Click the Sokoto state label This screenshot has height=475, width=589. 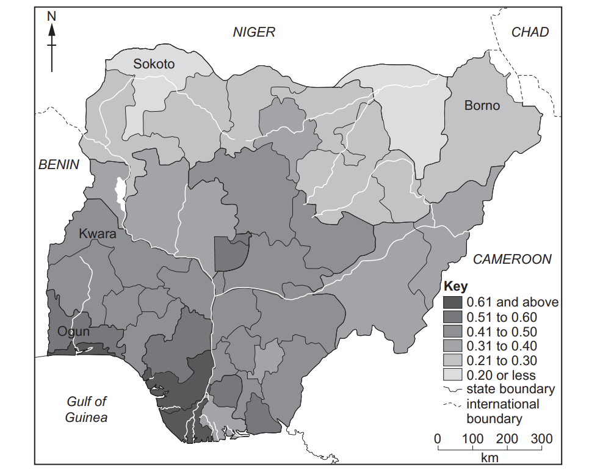(x=154, y=64)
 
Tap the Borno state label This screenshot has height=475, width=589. (x=482, y=106)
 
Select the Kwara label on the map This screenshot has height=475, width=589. (x=98, y=233)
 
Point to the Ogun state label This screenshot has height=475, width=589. (x=74, y=332)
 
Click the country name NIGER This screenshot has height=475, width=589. (x=254, y=32)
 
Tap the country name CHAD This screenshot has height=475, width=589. (x=530, y=32)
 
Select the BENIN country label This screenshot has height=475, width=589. (x=59, y=164)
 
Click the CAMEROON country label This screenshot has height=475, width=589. (x=512, y=259)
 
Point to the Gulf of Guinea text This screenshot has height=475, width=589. (x=87, y=410)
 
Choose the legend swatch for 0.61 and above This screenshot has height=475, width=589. (x=453, y=302)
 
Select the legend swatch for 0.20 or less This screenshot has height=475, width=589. (x=453, y=375)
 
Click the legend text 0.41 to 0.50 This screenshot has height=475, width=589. (x=501, y=332)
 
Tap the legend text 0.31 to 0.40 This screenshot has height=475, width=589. (x=501, y=346)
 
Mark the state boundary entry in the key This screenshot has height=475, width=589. (x=510, y=390)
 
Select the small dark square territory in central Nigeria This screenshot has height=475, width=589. (x=231, y=252)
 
